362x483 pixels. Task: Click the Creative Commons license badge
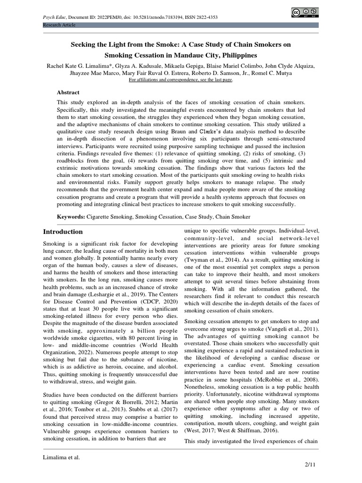click(304, 13)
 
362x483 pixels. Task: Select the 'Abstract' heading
click(68, 92)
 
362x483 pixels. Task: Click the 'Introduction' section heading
click(63, 232)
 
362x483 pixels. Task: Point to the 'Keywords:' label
click(71, 217)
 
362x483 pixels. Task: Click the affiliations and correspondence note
click(181, 80)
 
